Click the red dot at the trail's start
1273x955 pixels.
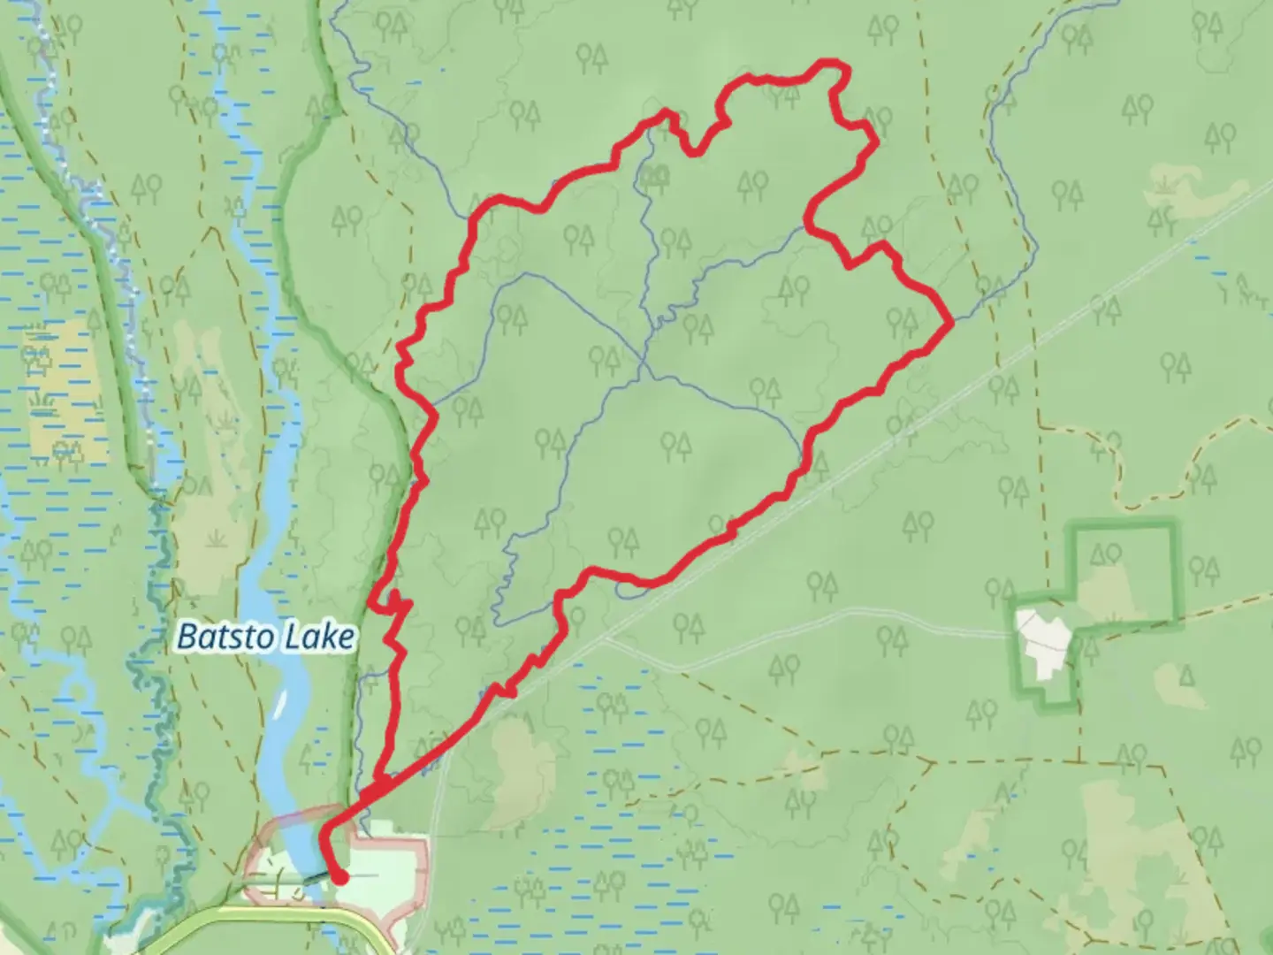339,876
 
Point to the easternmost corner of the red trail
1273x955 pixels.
950,325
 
